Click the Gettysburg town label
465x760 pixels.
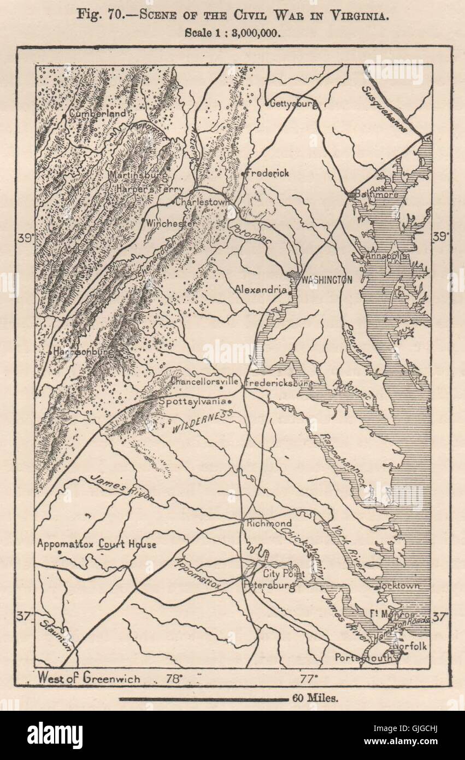coord(292,103)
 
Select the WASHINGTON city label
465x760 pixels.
coord(326,279)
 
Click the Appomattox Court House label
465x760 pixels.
coord(97,544)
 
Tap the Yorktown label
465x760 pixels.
coord(399,586)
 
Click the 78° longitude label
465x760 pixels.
coord(174,679)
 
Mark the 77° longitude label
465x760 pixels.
coord(308,679)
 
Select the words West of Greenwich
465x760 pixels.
coord(89,679)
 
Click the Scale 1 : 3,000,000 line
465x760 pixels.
coord(232,32)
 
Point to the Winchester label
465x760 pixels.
coord(171,224)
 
